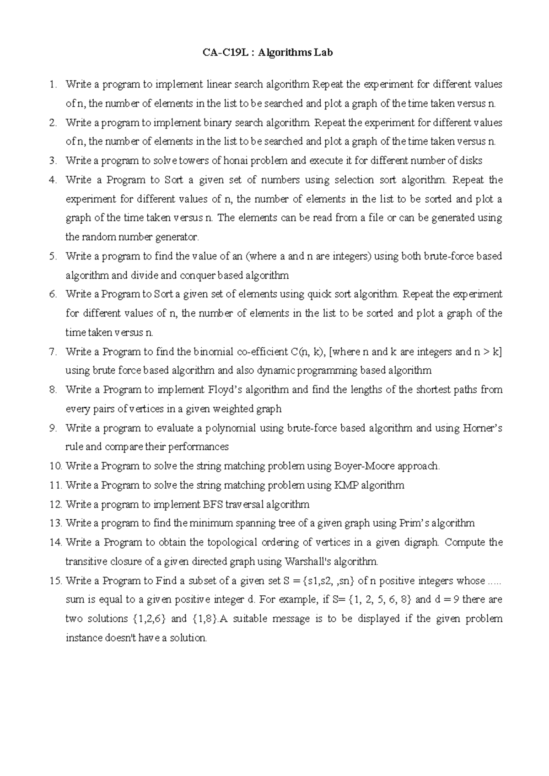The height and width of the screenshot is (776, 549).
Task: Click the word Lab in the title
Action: (323, 53)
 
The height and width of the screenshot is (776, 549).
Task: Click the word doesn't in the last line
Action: (113, 638)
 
